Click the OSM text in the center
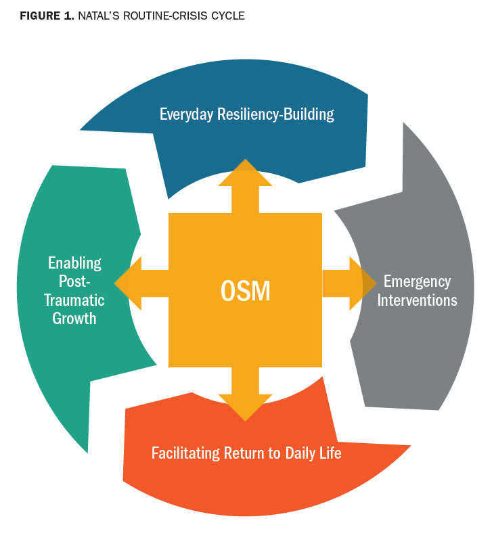245,290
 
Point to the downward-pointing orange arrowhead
245,407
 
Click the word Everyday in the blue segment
187,114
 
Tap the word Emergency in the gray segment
417,281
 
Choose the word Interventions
417,299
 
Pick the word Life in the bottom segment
330,452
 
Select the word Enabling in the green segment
74,262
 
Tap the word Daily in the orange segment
297,452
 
